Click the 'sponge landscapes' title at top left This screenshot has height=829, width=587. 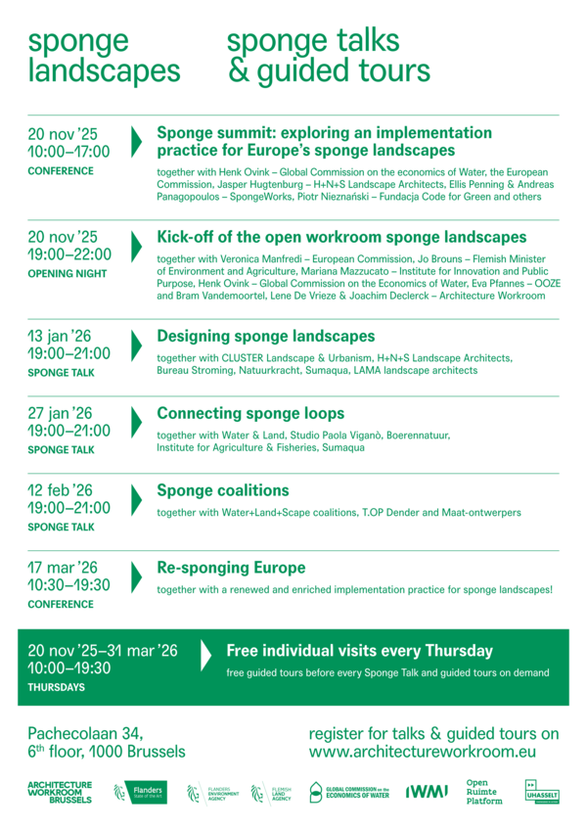tap(104, 56)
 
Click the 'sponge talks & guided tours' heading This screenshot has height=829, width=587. tap(329, 56)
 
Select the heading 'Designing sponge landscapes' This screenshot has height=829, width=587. tap(265, 336)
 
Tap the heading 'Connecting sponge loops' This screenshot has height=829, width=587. tap(250, 413)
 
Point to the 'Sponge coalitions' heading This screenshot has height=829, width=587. tap(223, 490)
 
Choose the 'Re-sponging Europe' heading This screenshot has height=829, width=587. tap(231, 568)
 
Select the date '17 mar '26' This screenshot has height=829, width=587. tap(63, 568)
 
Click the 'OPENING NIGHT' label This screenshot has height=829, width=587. tap(68, 273)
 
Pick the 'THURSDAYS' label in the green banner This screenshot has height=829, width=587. tap(56, 687)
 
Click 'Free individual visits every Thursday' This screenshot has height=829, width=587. tap(359, 651)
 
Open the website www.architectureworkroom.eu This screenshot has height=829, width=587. tap(423, 752)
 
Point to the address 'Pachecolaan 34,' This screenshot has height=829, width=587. tap(86, 733)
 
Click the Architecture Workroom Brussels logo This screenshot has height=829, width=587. tap(60, 792)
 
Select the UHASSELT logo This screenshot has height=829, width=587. tap(542, 792)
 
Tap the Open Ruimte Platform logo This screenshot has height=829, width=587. tap(484, 792)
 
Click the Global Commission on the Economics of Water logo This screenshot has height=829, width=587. tap(349, 792)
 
